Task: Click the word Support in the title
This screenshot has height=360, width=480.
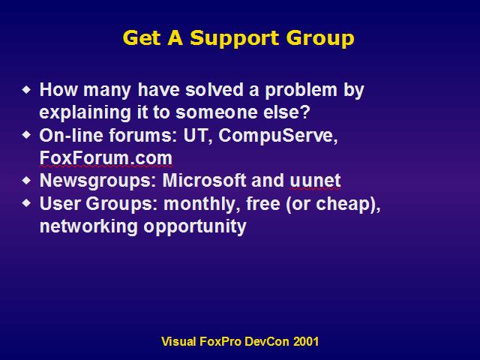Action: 234,39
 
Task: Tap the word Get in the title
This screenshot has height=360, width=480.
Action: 142,38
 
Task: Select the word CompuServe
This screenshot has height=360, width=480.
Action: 278,136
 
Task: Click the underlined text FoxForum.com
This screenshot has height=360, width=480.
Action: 106,158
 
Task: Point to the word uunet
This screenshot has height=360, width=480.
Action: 315,181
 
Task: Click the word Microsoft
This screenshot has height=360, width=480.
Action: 204,180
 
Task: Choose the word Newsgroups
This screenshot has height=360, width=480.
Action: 98,181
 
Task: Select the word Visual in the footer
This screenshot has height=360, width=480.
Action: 178,341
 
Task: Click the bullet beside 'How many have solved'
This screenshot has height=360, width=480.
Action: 27,90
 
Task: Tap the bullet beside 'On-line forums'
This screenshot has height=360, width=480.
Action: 27,135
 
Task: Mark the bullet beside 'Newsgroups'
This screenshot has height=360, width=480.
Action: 27,180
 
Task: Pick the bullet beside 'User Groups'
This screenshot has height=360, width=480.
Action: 27,203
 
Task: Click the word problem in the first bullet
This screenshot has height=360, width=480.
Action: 301,91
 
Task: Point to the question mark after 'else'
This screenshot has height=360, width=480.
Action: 305,112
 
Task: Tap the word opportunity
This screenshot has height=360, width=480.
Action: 195,227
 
